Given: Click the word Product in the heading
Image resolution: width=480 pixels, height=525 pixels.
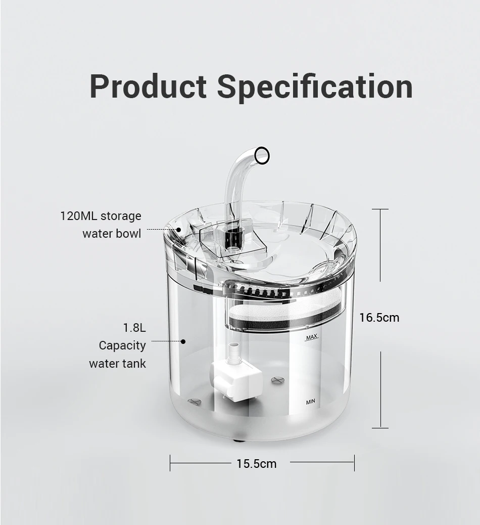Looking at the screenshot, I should (x=148, y=86).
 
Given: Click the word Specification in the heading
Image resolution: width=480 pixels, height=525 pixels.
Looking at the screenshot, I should (x=315, y=86).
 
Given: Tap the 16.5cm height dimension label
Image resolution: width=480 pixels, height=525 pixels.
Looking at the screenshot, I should (x=379, y=318).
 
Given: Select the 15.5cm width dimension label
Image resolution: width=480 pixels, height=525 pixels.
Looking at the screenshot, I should (x=257, y=463).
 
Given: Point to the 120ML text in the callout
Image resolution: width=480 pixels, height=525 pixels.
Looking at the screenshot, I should (x=79, y=216).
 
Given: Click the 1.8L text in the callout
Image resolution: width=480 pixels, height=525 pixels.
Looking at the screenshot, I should (x=134, y=328).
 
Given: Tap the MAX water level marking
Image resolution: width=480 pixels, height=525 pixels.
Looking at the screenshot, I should (x=311, y=337).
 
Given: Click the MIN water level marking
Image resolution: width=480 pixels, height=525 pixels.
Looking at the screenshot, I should (x=310, y=402).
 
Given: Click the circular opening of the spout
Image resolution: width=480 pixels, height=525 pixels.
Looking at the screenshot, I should (x=262, y=155).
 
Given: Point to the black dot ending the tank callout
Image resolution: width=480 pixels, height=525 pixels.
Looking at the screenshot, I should (x=183, y=341).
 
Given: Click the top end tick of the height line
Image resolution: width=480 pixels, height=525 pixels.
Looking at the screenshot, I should (x=380, y=209).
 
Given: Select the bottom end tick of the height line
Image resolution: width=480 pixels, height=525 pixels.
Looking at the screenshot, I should (x=380, y=428).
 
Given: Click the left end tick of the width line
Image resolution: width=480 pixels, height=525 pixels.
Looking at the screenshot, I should (x=170, y=463).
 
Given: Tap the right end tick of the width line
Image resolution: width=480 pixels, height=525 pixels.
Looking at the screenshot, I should (x=354, y=463).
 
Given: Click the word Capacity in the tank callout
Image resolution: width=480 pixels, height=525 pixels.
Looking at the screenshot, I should (x=122, y=345).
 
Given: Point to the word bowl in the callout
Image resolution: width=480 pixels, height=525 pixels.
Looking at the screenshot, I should (x=131, y=234).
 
